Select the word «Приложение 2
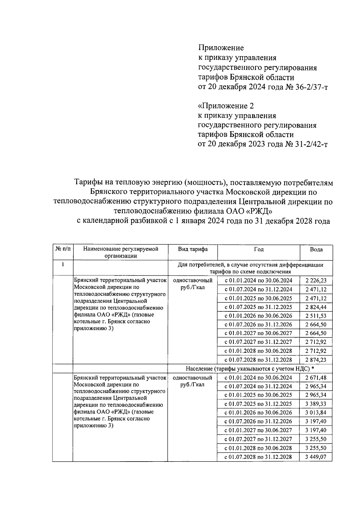click(226, 106)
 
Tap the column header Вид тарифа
click(193, 249)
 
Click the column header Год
click(259, 249)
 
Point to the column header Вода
click(316, 250)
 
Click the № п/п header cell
click(63, 249)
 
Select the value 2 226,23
click(316, 281)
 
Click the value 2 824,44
click(316, 307)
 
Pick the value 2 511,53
click(316, 316)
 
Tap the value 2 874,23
click(316, 360)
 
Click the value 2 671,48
click(316, 377)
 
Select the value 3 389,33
click(316, 404)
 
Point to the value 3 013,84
click(316, 413)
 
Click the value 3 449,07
click(316, 457)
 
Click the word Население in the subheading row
click(199, 368)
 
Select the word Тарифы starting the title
click(87, 182)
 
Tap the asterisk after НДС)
click(313, 368)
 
